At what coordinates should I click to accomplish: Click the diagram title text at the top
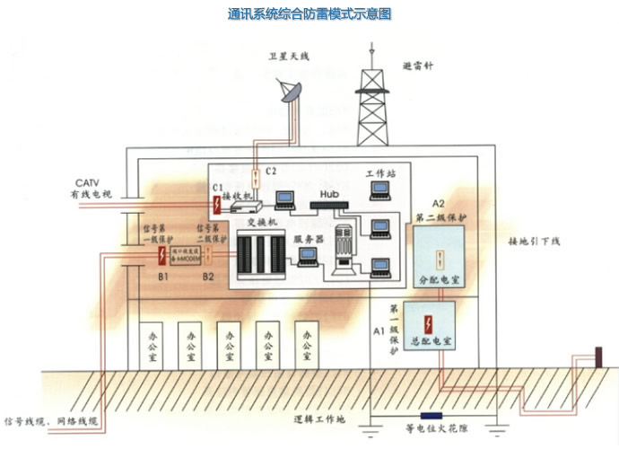(x=309, y=14)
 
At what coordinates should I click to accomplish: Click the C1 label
(x=216, y=187)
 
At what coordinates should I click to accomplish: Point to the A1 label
(x=377, y=331)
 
